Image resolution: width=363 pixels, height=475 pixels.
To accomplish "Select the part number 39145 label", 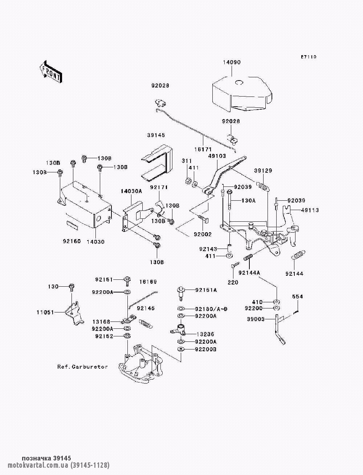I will tap(156, 135).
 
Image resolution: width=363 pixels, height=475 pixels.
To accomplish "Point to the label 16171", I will tap(203, 149).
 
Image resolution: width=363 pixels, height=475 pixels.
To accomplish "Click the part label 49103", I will tap(217, 156).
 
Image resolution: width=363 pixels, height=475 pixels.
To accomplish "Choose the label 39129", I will tap(263, 170).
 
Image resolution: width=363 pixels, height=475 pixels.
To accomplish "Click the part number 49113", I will tap(309, 210).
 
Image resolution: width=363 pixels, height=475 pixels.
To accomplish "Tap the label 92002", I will tap(203, 234).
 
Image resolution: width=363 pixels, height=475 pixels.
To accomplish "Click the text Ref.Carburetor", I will tap(82, 367).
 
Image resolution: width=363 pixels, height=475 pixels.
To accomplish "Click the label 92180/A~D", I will tap(211, 309).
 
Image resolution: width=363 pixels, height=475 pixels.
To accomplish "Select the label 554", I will tap(297, 296).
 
